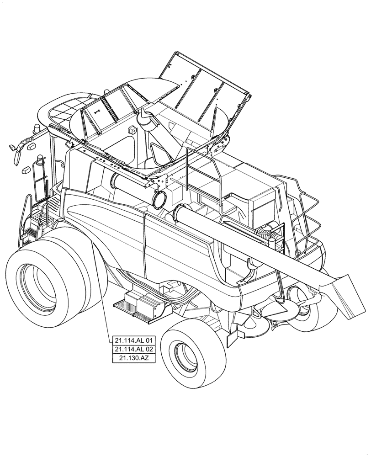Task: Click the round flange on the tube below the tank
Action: (161, 199)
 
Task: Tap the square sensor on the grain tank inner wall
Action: (133, 130)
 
